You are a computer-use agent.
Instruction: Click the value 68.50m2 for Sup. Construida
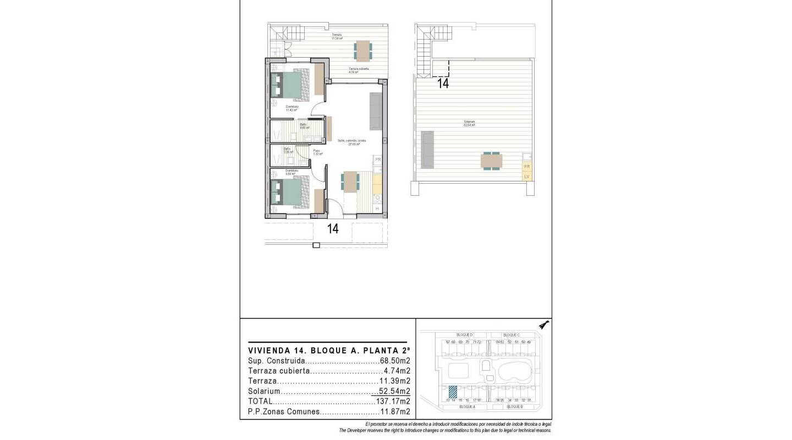[395, 361]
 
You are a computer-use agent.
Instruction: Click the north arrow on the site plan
[544, 325]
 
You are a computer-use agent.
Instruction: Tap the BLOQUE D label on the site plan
[464, 335]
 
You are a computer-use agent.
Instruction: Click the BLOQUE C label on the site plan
[512, 335]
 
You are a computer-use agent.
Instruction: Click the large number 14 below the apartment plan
[333, 229]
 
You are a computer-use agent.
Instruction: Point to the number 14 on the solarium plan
[443, 84]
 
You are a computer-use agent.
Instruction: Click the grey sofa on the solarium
[427, 149]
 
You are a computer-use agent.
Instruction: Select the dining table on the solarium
[491, 161]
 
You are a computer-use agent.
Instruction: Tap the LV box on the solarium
[527, 177]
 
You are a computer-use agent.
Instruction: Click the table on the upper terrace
[362, 50]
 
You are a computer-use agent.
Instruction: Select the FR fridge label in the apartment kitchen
[377, 159]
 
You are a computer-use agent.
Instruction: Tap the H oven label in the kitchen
[377, 208]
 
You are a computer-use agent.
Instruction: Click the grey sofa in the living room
[376, 112]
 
